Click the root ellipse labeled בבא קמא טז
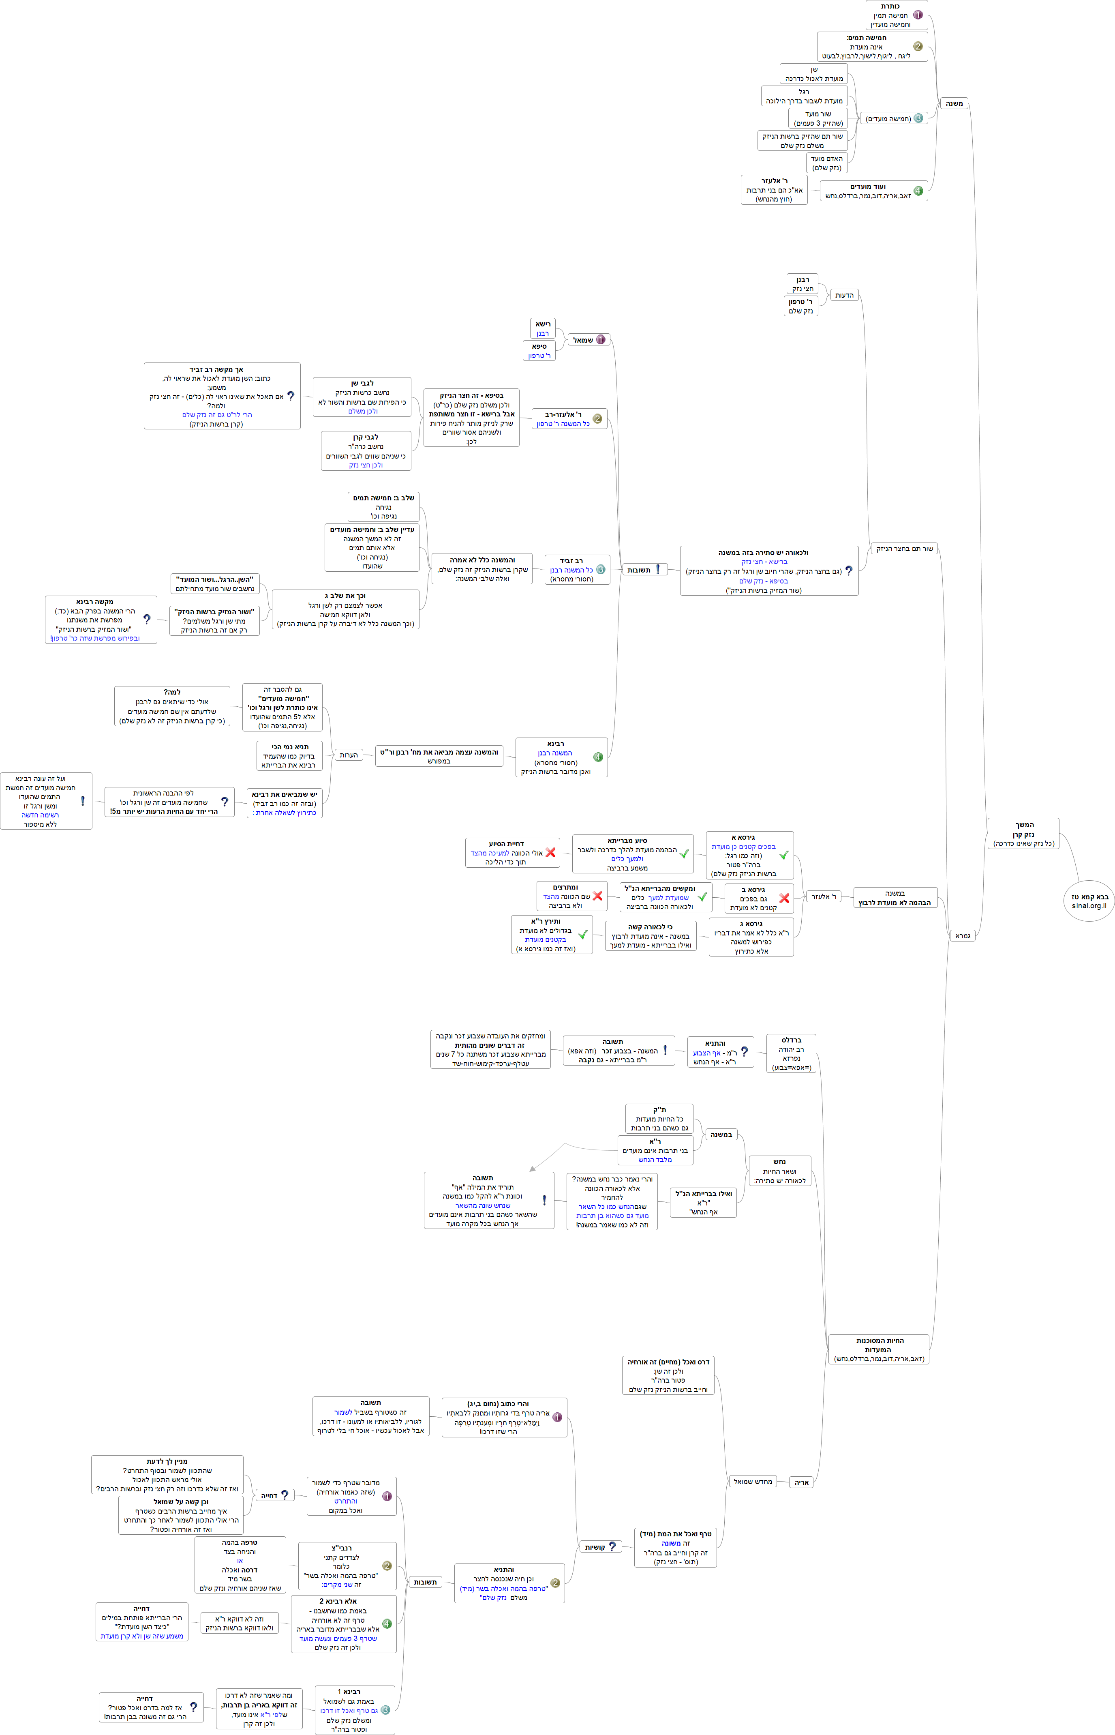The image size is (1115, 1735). [1089, 901]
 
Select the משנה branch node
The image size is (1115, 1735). [954, 103]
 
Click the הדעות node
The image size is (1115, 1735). [844, 296]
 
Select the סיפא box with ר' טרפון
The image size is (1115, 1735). [539, 351]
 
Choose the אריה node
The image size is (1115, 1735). [802, 1482]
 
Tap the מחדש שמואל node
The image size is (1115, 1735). [753, 1482]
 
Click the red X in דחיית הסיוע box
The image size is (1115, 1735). [551, 852]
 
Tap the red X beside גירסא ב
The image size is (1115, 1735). [784, 899]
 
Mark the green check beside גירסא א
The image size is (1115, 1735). [783, 855]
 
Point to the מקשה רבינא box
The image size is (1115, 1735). [101, 620]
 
